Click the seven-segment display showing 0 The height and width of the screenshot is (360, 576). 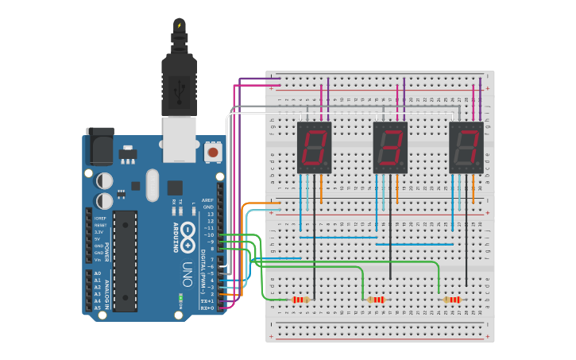pos(314,148)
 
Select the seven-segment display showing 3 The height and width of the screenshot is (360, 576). pos(390,148)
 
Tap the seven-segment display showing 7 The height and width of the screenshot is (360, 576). pos(466,148)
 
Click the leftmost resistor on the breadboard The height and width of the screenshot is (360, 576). pos(300,300)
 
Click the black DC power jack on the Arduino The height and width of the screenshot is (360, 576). pos(100,146)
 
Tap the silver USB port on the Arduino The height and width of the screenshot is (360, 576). pos(179,138)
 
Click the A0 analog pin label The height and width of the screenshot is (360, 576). pos(98,273)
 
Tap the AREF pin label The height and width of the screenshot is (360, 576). pos(208,200)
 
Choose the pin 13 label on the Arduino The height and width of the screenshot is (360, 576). pos(210,215)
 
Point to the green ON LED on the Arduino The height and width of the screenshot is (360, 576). pos(180,296)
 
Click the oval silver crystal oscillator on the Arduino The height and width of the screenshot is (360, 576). pos(153,186)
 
